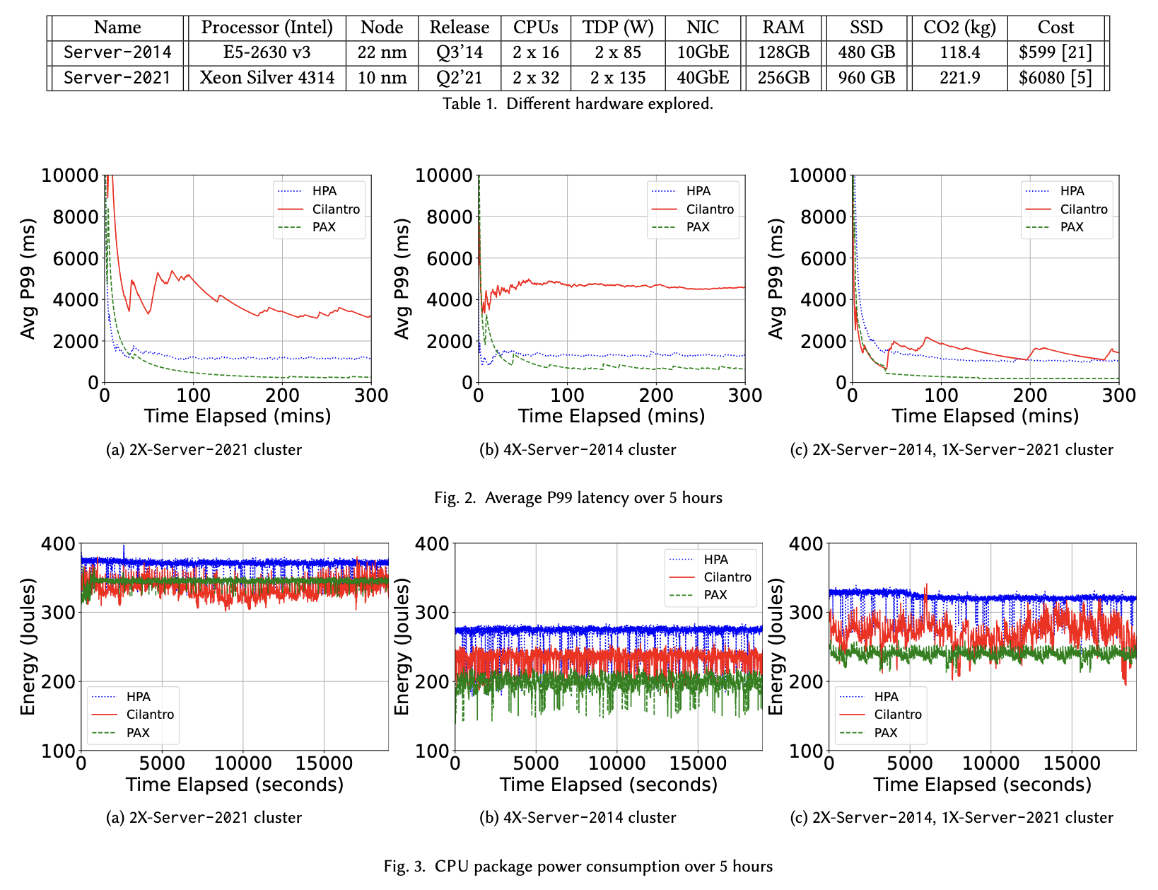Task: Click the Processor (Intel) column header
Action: click(267, 28)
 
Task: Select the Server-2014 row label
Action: click(117, 52)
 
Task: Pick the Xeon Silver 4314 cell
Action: click(267, 77)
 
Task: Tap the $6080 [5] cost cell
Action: click(1055, 77)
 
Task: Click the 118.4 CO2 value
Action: click(959, 52)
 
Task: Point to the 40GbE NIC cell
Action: click(703, 77)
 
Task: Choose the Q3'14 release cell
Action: click(460, 52)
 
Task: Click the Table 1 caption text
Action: click(578, 103)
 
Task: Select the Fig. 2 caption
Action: click(578, 498)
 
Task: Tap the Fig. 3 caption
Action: click(578, 866)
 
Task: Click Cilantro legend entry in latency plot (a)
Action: click(336, 209)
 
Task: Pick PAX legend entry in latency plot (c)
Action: click(1072, 227)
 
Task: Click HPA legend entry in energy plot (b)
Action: click(715, 560)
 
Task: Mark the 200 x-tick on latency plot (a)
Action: click(283, 395)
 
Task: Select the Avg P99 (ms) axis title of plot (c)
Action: click(776, 279)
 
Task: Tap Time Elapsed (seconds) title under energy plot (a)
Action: click(235, 785)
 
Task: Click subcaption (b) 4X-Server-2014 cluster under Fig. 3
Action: click(578, 818)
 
